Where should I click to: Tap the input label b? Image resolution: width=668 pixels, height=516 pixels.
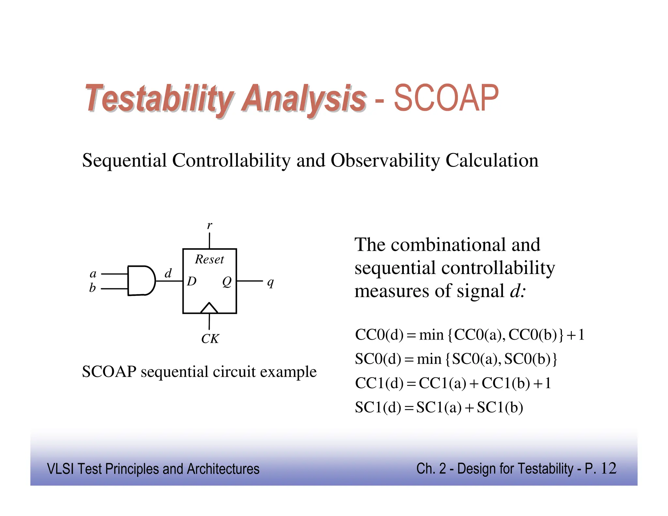click(93, 288)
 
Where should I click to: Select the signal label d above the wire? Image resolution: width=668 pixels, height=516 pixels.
click(168, 273)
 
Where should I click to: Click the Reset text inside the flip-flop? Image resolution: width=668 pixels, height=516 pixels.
click(209, 260)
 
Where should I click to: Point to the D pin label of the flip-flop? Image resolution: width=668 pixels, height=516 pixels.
click(192, 281)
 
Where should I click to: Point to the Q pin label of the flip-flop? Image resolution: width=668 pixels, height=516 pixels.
click(227, 281)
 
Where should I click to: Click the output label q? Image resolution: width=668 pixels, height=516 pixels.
click(270, 282)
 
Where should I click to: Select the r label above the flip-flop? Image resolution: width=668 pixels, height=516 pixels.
click(209, 225)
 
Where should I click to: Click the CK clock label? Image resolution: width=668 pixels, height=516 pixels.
click(210, 339)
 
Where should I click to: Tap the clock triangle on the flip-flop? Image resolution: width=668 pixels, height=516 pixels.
click(209, 308)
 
